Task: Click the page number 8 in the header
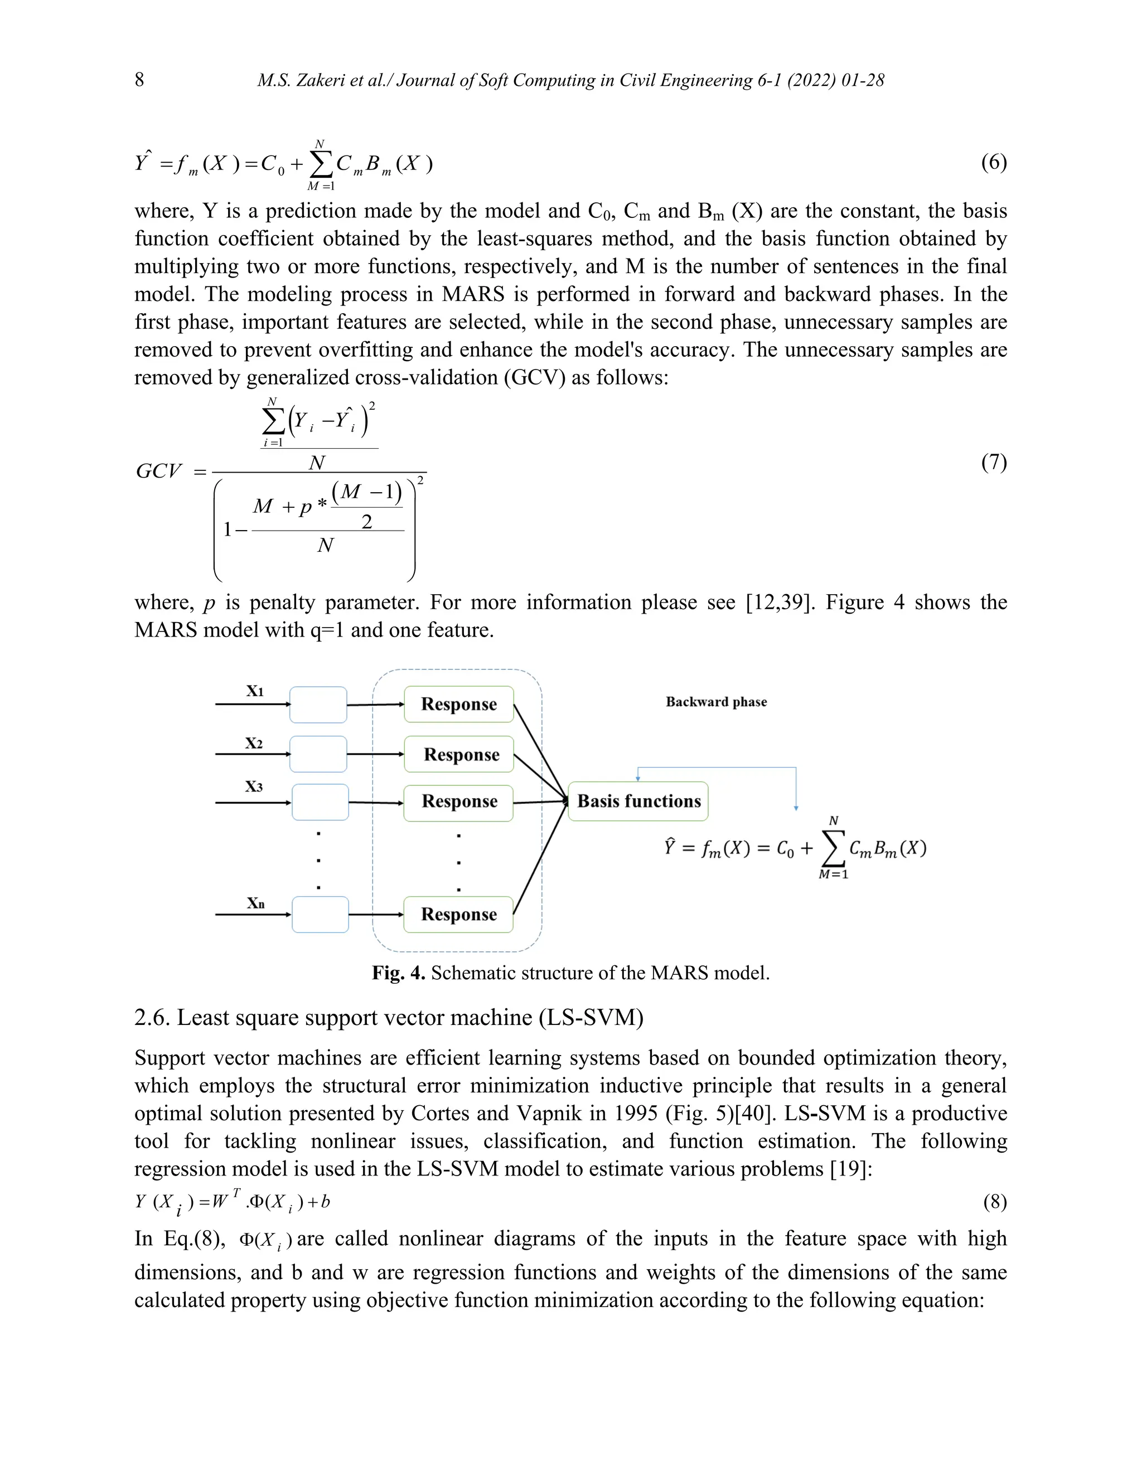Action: pyautogui.click(x=139, y=80)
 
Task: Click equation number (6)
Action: pyautogui.click(x=993, y=162)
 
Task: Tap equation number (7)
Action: pyautogui.click(x=993, y=463)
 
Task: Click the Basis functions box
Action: pyautogui.click(x=638, y=801)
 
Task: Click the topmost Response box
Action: pyautogui.click(x=459, y=704)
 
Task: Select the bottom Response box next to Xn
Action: pyautogui.click(x=459, y=914)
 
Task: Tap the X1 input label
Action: pyautogui.click(x=254, y=691)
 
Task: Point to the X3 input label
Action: pyautogui.click(x=254, y=786)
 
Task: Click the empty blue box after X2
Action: pyautogui.click(x=318, y=754)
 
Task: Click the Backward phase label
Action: pyautogui.click(x=716, y=702)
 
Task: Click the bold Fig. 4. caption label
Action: pyautogui.click(x=399, y=973)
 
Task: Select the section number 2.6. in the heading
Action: pyautogui.click(x=152, y=1017)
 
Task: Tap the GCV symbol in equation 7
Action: pyautogui.click(x=159, y=472)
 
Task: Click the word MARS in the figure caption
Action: pyautogui.click(x=675, y=973)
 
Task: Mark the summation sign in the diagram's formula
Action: pyautogui.click(x=833, y=849)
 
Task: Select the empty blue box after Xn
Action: pyautogui.click(x=320, y=914)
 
